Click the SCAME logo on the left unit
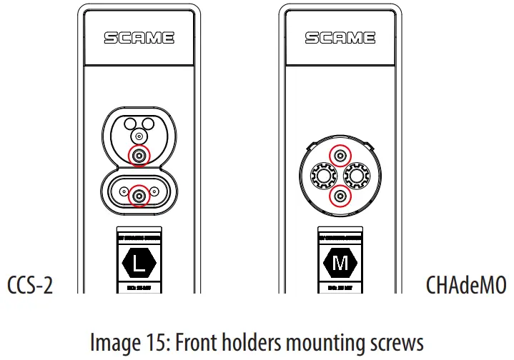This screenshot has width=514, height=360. coord(139,37)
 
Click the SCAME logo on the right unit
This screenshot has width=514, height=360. coord(340,37)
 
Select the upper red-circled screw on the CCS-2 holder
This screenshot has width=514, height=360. coord(139,155)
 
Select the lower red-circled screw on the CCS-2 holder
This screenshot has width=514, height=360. coord(139,194)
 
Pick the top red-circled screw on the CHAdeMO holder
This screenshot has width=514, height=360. coord(340,155)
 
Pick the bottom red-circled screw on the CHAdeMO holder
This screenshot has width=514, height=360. coord(340,194)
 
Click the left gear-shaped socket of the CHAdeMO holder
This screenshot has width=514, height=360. coord(321,175)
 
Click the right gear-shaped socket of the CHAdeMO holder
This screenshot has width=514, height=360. coord(360,175)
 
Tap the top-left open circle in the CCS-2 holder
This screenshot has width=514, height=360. coord(130,123)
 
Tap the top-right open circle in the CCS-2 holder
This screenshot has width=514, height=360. coord(148,123)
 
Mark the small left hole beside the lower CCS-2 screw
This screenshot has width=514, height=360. coord(123,194)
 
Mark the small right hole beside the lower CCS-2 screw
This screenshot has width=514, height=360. coord(155,194)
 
